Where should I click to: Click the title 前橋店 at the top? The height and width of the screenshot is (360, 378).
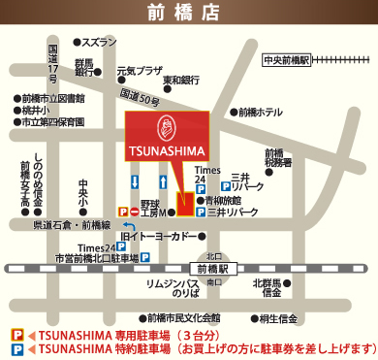188,12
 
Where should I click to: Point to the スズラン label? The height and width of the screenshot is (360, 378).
98,43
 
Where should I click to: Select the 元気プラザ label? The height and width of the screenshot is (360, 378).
140,71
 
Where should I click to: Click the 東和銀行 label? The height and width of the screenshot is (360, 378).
187,80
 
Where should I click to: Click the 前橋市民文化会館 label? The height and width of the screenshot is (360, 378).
184,317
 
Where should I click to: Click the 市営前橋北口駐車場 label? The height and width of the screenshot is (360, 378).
97,259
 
